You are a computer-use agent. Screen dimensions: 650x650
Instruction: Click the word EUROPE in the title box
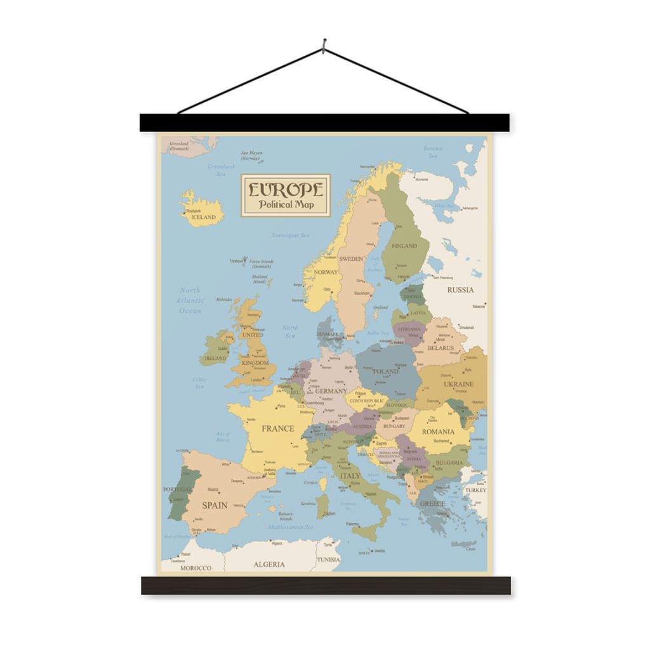click(286, 189)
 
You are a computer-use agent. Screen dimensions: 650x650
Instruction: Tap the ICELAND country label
click(204, 217)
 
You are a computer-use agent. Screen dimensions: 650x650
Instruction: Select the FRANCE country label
click(278, 428)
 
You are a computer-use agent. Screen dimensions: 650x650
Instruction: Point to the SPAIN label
click(215, 505)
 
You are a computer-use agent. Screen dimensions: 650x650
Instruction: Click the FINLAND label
click(404, 246)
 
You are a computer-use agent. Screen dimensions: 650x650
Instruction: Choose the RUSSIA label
click(460, 289)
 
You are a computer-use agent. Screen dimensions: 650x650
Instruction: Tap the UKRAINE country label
click(458, 384)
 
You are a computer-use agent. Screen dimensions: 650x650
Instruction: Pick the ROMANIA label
click(438, 432)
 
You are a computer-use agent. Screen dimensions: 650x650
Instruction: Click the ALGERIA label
click(269, 564)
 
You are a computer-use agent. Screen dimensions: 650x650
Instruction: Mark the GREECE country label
click(432, 504)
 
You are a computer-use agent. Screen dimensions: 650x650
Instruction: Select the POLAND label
click(385, 371)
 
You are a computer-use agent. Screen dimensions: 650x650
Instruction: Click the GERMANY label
click(331, 391)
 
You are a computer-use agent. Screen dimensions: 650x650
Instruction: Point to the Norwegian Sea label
click(290, 235)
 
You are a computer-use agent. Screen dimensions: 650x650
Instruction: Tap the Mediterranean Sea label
click(290, 527)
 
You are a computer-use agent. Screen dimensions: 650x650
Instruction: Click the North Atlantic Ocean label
click(190, 300)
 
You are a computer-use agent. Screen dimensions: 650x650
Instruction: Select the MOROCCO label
click(196, 567)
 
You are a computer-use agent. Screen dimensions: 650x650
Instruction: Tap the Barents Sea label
click(433, 152)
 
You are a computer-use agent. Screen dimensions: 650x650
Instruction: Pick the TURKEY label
click(475, 490)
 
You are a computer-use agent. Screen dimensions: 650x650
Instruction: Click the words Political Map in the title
click(286, 204)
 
